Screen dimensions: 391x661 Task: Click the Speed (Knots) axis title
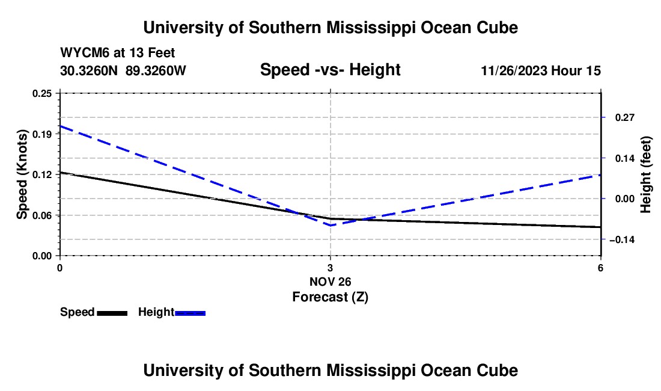(22, 174)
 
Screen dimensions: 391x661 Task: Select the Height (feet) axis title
(647, 174)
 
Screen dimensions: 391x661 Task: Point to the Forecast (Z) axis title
(330, 296)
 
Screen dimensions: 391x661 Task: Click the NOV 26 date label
(330, 281)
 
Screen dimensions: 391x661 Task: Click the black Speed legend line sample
(112, 313)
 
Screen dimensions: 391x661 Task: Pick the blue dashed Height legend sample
(190, 313)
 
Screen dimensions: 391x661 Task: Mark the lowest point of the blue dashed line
(330, 225)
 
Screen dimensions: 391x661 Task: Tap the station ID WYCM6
(82, 54)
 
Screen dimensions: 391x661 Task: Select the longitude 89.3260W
(156, 71)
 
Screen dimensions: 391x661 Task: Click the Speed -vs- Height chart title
(330, 70)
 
